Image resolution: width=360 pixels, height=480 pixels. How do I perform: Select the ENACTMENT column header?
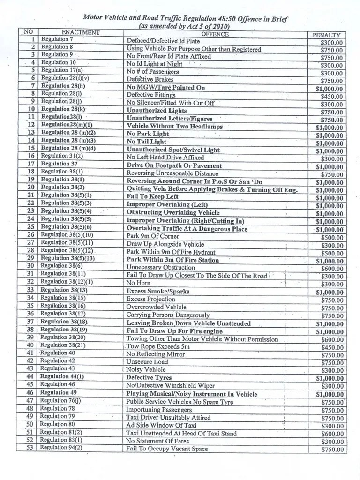pyautogui.click(x=81, y=32)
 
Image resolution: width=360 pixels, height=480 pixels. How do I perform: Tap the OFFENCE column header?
pyautogui.click(x=215, y=34)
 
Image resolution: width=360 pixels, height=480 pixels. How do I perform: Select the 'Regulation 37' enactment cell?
pyautogui.click(x=59, y=164)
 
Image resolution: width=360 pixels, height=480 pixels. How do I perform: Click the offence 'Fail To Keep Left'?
pyautogui.click(x=152, y=196)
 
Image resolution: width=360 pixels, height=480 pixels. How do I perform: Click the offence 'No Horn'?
pyautogui.click(x=137, y=283)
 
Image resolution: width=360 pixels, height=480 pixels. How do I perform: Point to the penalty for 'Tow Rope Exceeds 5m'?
pyautogui.click(x=332, y=347)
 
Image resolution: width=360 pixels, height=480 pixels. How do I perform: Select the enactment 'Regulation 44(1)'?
pyautogui.click(x=63, y=376)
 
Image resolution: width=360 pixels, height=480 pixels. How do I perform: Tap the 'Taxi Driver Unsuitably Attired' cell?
pyautogui.click(x=168, y=417)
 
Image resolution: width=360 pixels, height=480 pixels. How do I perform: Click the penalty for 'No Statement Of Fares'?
pyautogui.click(x=332, y=442)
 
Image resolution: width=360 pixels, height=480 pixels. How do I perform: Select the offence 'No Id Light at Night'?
pyautogui.click(x=154, y=64)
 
